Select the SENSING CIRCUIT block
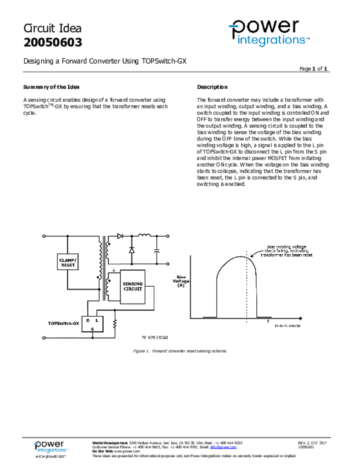132,286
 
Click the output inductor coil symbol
144,235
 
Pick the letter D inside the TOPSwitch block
88,320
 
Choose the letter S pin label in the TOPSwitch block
92,329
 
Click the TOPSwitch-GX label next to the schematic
63,323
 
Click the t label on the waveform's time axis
269,321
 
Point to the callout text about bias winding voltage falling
287,251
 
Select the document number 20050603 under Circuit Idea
53,43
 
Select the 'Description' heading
212,87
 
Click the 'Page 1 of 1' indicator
314,69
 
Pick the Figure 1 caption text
179,351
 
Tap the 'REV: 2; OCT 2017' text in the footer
312,442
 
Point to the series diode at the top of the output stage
120,236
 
